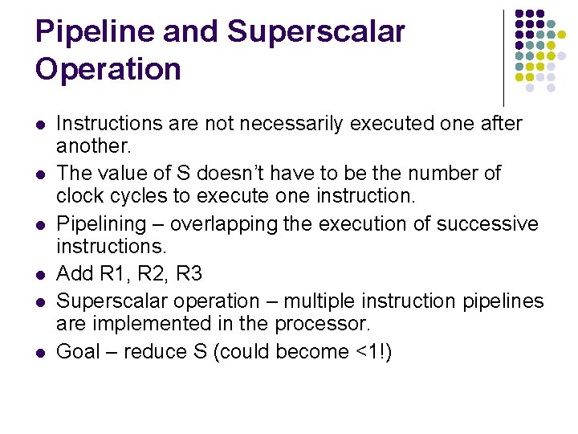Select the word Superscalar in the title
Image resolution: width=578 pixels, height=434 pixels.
pos(316,32)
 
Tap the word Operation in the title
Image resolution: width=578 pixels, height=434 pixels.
pos(108,69)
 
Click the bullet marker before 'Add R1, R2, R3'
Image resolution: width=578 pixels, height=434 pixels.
pos(39,276)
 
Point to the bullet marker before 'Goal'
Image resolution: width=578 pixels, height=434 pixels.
pos(39,351)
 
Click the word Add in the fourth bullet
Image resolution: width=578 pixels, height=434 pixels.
pos(75,274)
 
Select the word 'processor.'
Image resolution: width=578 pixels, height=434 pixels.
pos(323,325)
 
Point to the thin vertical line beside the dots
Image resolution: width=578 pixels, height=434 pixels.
pos(503,56)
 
